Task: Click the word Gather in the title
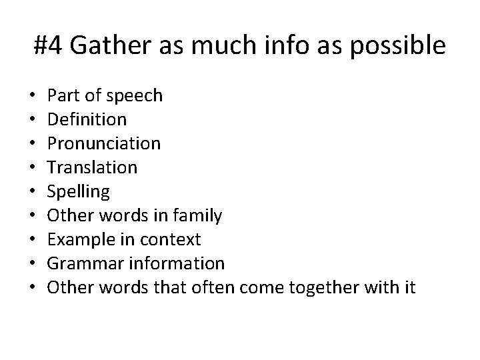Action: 103,45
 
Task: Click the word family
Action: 198,216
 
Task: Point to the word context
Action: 175,240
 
